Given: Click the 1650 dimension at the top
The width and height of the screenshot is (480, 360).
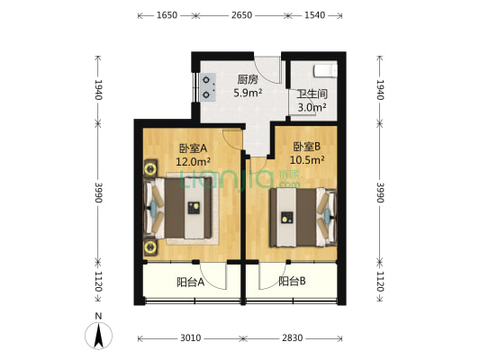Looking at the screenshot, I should click(165, 16).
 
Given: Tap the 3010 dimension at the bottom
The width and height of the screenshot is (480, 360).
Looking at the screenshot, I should click(189, 338).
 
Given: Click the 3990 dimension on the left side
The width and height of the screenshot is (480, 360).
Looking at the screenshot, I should click(96, 193).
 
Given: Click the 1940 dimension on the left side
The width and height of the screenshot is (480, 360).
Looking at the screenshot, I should click(96, 89).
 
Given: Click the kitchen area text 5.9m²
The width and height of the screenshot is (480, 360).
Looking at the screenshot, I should click(249, 92).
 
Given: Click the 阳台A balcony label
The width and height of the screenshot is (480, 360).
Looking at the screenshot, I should click(190, 282).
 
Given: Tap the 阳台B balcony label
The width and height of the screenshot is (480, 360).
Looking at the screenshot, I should click(292, 282).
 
